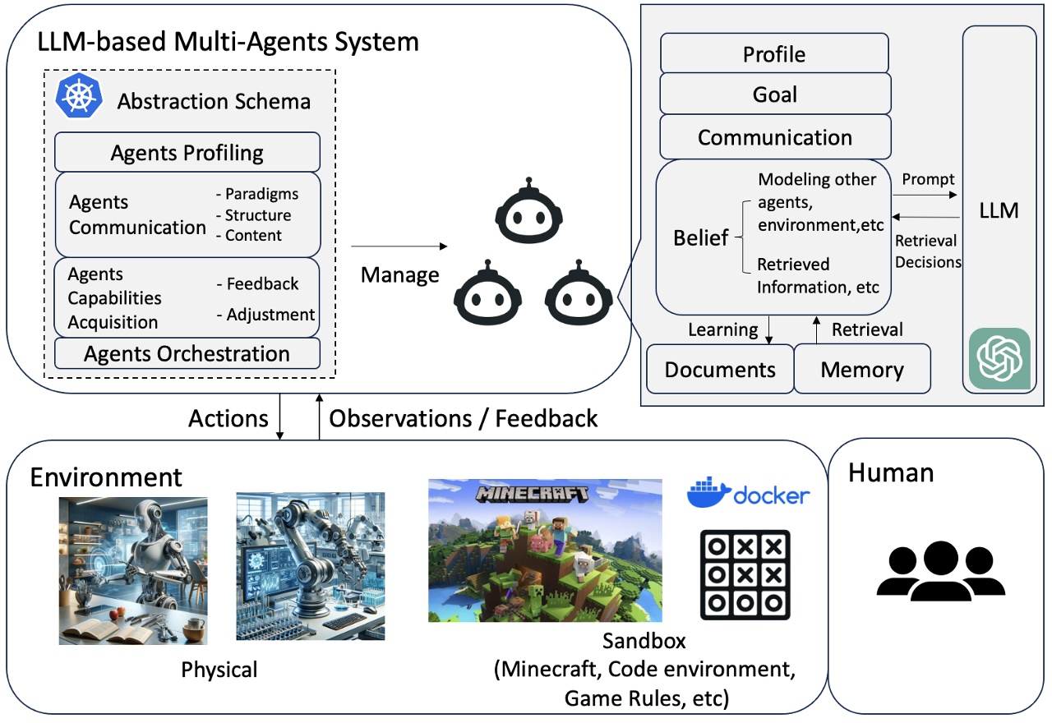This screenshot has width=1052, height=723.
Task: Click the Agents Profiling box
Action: pos(187,153)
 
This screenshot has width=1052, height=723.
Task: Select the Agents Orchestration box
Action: pos(187,354)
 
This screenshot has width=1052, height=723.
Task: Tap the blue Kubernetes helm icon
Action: pos(79,97)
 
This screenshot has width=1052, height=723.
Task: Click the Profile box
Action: pos(774,54)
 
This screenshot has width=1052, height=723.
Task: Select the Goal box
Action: pos(774,94)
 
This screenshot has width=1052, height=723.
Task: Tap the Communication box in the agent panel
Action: pos(774,137)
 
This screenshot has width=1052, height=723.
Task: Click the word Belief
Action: pos(701,238)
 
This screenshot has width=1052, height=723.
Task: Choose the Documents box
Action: pos(720,370)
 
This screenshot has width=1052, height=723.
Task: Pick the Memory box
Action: pos(862,370)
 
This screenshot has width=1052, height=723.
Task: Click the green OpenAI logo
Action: pos(999,358)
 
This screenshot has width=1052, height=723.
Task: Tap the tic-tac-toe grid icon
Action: pos(745,575)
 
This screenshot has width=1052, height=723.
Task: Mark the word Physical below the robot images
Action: pos(219,670)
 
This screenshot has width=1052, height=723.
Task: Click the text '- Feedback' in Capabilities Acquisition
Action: pos(257,284)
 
